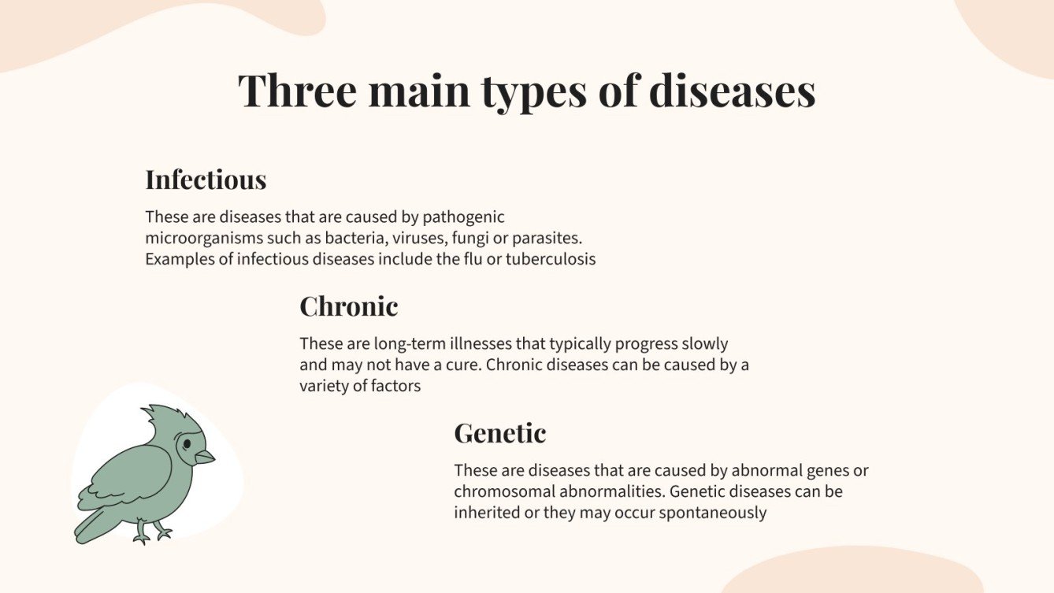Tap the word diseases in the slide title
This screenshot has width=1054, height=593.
click(732, 91)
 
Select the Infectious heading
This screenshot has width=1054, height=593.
click(206, 180)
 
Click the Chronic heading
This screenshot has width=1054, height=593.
click(348, 306)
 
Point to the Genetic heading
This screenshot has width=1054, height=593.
click(499, 433)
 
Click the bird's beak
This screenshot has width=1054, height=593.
click(205, 457)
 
